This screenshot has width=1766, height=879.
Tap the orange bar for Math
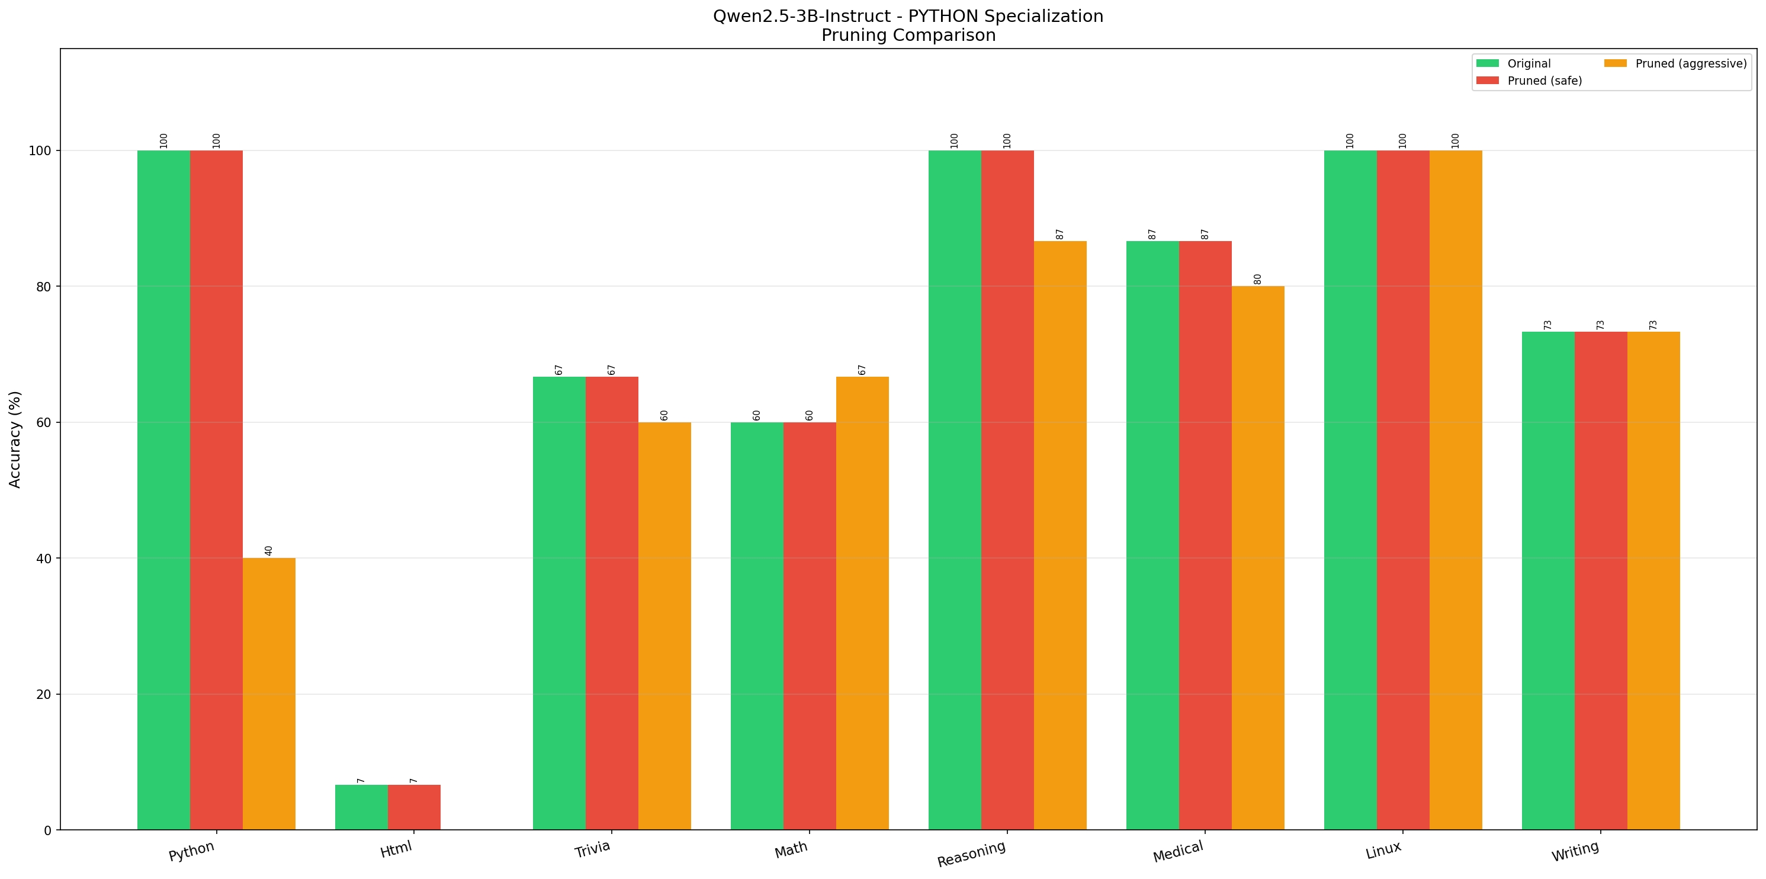click(x=862, y=603)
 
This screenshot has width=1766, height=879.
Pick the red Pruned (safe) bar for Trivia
click(x=612, y=603)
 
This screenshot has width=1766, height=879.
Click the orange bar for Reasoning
click(x=1060, y=535)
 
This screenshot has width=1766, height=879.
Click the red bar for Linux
click(x=1402, y=490)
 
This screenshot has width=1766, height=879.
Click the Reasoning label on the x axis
click(x=971, y=854)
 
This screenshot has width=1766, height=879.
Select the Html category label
click(x=396, y=849)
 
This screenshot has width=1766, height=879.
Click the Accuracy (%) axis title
click(x=15, y=439)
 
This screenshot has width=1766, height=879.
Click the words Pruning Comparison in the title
click(x=908, y=35)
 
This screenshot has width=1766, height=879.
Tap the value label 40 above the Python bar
click(x=269, y=551)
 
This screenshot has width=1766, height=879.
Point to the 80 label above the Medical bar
click(x=1257, y=279)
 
